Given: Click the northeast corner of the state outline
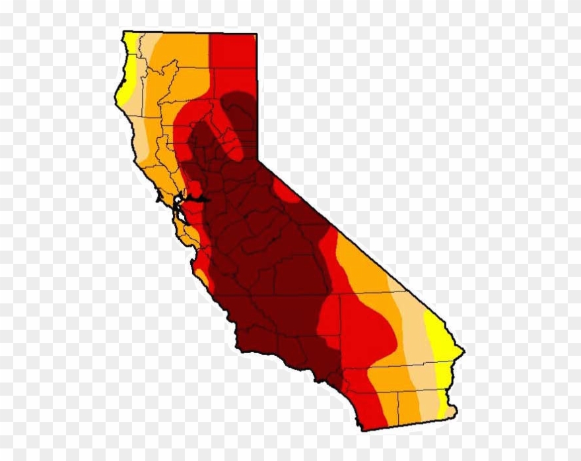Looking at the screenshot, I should point(256,34).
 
